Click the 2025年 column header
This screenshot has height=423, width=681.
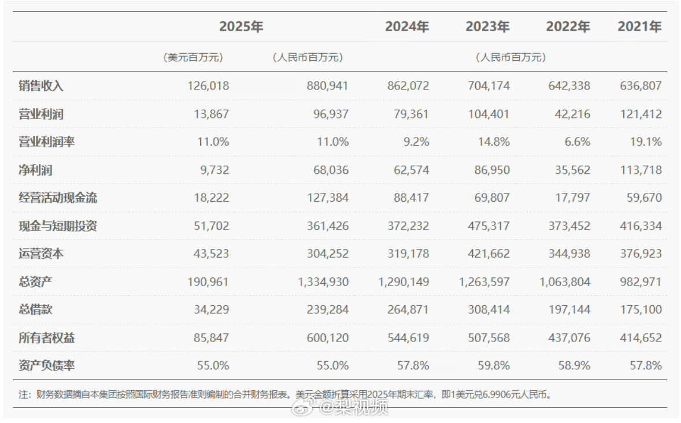tap(241, 27)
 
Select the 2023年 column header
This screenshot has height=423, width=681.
tap(487, 27)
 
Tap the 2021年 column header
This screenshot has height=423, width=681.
tap(639, 27)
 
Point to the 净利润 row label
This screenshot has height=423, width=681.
tap(35, 170)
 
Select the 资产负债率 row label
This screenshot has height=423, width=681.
tap(46, 365)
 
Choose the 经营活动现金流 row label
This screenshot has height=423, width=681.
tap(58, 198)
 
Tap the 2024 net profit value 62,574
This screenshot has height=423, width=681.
tap(407, 170)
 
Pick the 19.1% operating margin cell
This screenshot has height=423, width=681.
tap(646, 142)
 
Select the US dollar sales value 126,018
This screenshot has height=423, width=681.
tap(208, 86)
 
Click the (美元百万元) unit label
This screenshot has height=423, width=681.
tap(193, 57)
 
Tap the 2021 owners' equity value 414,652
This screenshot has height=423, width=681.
tap(639, 337)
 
